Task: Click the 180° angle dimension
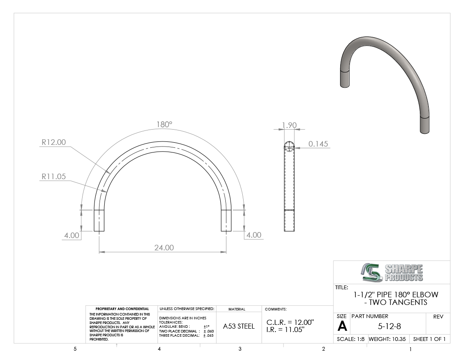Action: pyautogui.click(x=164, y=125)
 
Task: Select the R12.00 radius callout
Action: pyautogui.click(x=53, y=142)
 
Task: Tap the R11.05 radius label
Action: pyautogui.click(x=53, y=177)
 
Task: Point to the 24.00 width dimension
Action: pyautogui.click(x=164, y=247)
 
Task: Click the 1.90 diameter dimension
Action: pyautogui.click(x=289, y=125)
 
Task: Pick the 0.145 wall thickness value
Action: pyautogui.click(x=318, y=144)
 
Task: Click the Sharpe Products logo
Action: pyautogui.click(x=392, y=272)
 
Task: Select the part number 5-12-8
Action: pyautogui.click(x=389, y=327)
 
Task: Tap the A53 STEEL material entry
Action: pyautogui.click(x=239, y=326)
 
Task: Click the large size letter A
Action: pyautogui.click(x=342, y=326)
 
